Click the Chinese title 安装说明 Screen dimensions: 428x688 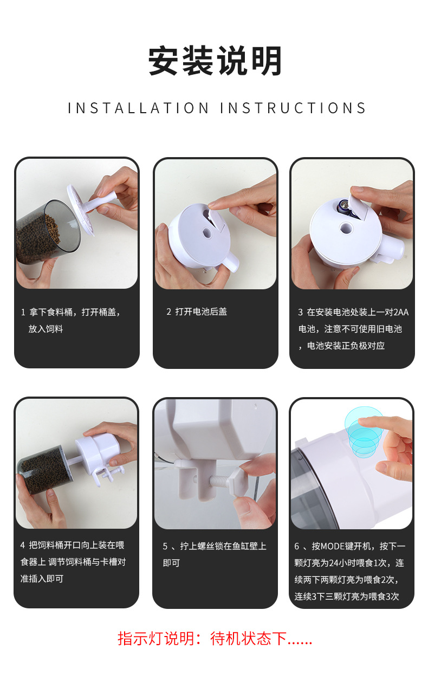coord(215,61)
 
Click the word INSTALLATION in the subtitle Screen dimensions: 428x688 coord(139,108)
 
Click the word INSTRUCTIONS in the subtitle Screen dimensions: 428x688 coord(293,108)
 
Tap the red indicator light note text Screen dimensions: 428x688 coord(215,639)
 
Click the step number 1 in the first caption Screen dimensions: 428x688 coord(23,313)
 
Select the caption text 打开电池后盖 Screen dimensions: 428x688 coord(201,311)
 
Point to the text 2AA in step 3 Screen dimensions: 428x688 coord(401,313)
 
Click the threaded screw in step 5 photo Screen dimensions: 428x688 coord(219,480)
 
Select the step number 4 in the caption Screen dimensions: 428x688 coord(22,545)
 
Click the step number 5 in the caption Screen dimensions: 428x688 coord(165,546)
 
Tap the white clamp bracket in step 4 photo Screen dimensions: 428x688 coord(108,473)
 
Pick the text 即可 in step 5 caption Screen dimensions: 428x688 coord(171,563)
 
